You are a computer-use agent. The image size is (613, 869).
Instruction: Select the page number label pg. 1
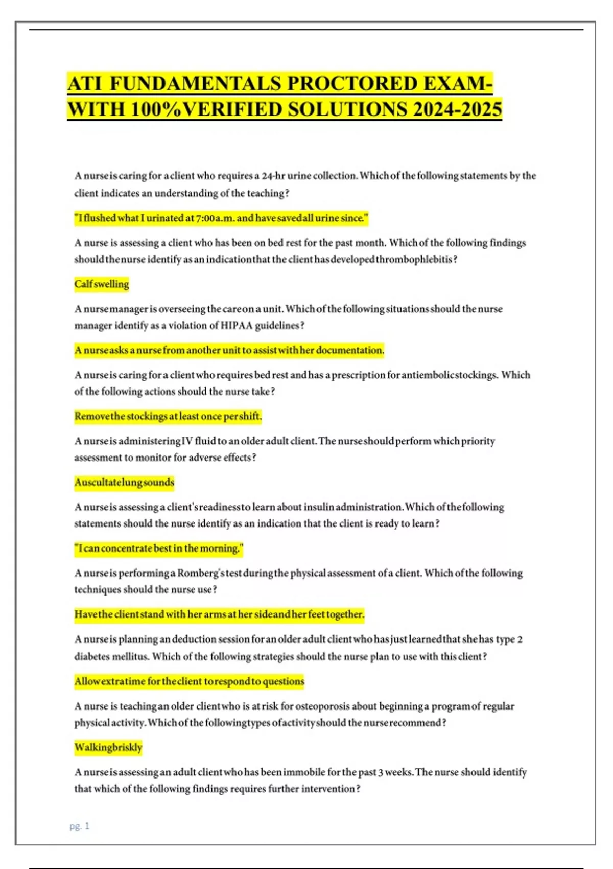pos(79,826)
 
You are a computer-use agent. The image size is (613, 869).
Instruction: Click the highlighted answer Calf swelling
pos(102,284)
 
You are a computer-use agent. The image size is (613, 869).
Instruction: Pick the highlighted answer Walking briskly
pos(108,747)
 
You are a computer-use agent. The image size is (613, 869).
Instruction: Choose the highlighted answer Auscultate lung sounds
pos(124,482)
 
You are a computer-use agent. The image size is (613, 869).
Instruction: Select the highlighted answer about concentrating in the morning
pos(159,548)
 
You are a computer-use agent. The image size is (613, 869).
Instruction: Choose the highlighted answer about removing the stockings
pos(168,416)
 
